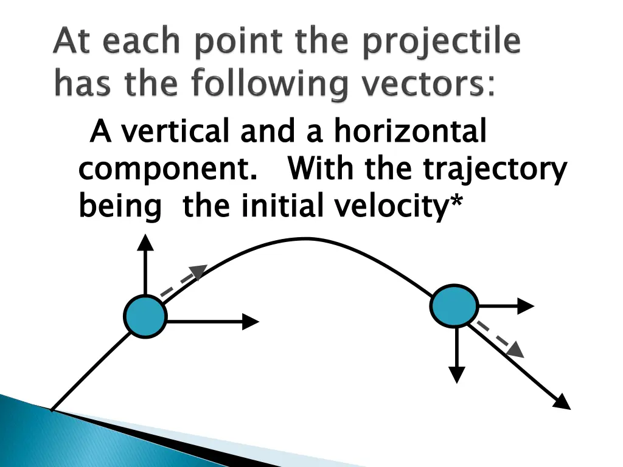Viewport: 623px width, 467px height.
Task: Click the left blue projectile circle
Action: click(x=145, y=316)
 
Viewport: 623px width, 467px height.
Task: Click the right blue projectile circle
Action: click(x=454, y=306)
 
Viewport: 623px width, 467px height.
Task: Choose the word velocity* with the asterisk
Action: click(x=399, y=207)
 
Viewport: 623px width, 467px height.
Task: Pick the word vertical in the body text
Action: click(x=176, y=132)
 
